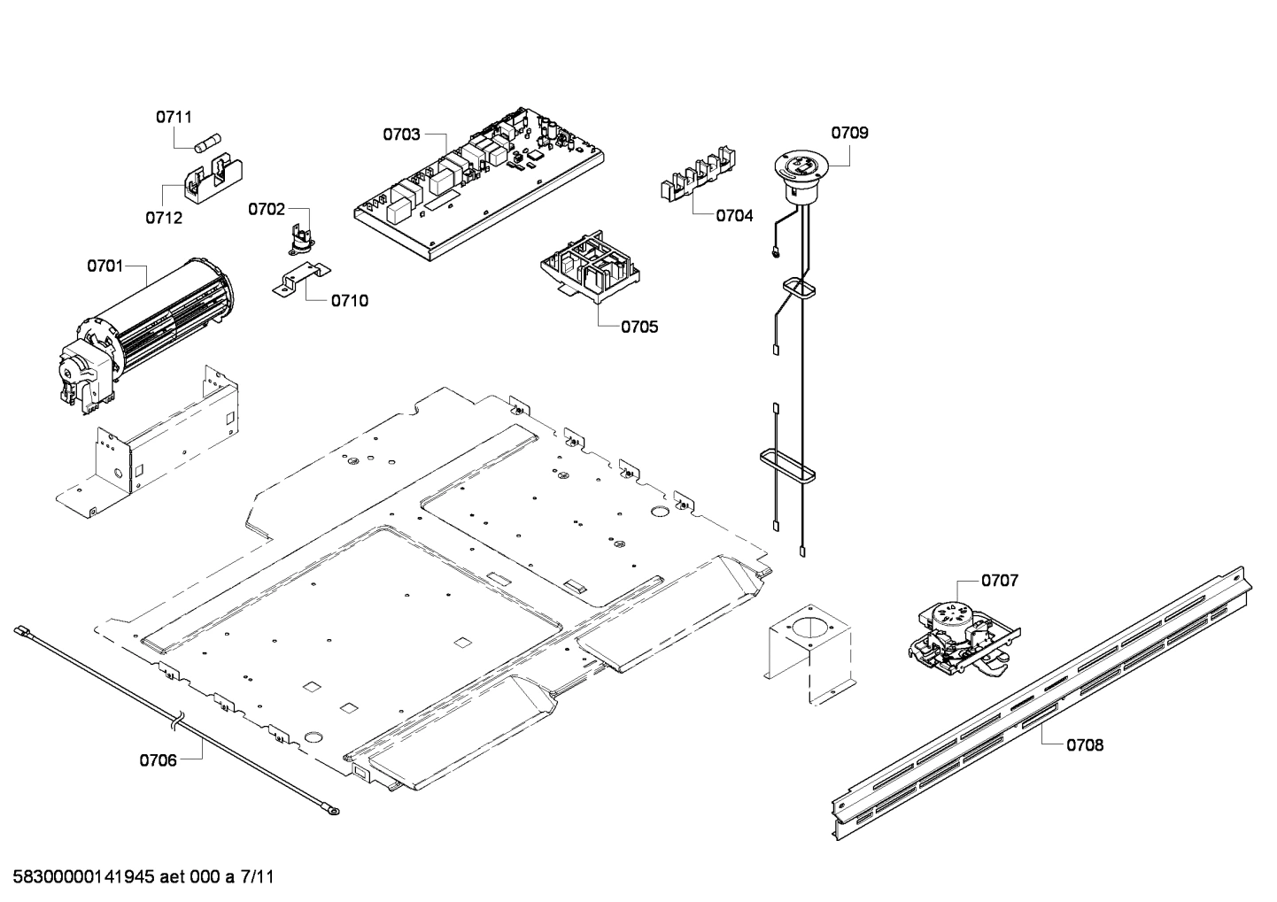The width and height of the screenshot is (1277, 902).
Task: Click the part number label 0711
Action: coord(174,117)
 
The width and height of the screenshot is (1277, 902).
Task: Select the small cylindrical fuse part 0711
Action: coord(208,143)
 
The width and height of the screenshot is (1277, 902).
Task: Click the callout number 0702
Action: coord(266,210)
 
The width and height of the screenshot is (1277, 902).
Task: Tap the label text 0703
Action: coord(401,135)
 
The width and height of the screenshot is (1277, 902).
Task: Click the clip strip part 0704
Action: coord(698,176)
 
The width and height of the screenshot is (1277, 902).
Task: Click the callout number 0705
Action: coord(638,328)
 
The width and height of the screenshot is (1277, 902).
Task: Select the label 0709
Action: coord(848,134)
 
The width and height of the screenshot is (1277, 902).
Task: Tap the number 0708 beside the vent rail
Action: coord(1084,745)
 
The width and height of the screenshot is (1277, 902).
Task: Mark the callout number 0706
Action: coord(158,759)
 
